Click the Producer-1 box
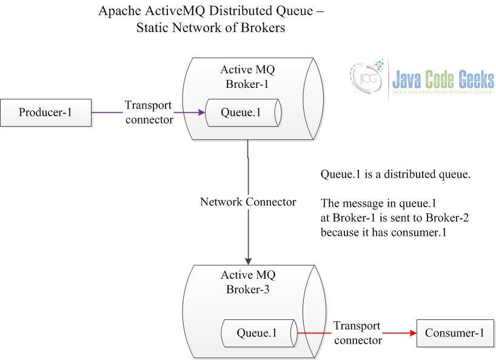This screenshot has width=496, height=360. (x=46, y=113)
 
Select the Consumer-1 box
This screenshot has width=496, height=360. (x=455, y=333)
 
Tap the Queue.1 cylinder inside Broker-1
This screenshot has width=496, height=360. (x=242, y=113)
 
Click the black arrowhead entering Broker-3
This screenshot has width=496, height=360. (x=248, y=259)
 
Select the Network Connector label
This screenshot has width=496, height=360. (x=248, y=202)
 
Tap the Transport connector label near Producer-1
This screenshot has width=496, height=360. (x=149, y=112)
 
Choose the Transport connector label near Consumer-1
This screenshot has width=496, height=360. (x=357, y=333)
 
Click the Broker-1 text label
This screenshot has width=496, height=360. (x=247, y=84)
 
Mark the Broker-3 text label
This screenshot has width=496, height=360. (x=247, y=289)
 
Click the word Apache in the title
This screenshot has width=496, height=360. (x=118, y=11)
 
